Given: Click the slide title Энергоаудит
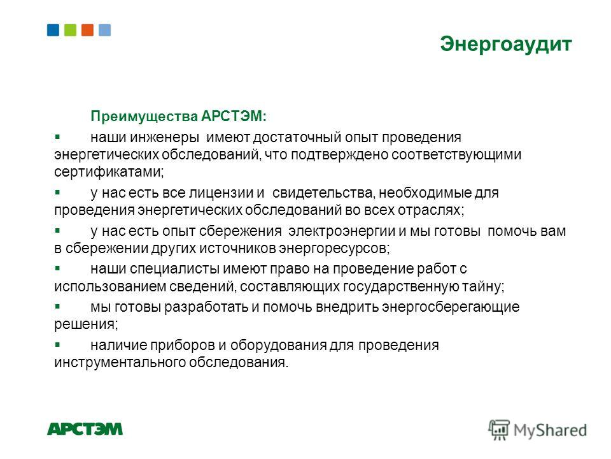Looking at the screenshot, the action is click(x=506, y=45).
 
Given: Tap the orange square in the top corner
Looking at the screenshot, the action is click(x=87, y=30).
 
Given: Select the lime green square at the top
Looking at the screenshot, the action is click(x=70, y=30).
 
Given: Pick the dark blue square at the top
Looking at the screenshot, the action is click(x=53, y=30).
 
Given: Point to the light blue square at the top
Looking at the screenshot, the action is click(x=104, y=30).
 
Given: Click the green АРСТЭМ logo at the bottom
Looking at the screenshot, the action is click(x=85, y=428).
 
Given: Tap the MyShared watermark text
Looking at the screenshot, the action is click(x=550, y=430).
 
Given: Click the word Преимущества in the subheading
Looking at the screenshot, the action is click(x=144, y=117).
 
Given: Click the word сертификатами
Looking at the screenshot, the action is click(x=109, y=171).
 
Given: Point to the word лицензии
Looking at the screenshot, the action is click(x=221, y=193).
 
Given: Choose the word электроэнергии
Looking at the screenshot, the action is click(x=341, y=231).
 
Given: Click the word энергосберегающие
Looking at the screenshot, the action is click(x=451, y=307).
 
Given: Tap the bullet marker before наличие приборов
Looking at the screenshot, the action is click(x=57, y=345).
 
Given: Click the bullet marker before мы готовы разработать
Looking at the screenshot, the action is click(x=57, y=307).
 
